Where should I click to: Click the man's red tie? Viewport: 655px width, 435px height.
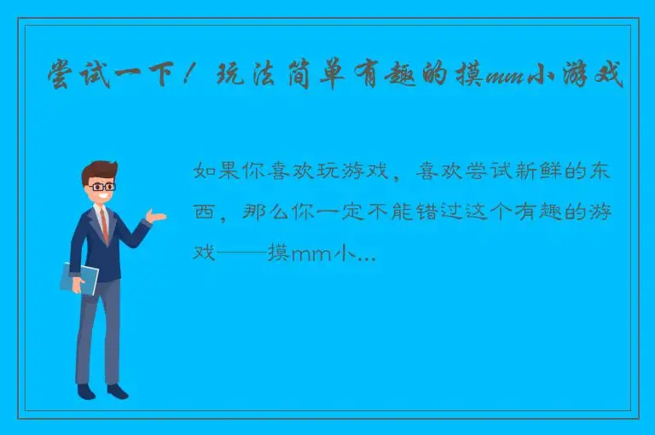tap(103, 224)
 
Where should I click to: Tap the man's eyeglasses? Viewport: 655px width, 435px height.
tap(102, 186)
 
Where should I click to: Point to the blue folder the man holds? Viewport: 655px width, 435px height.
tap(79, 278)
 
